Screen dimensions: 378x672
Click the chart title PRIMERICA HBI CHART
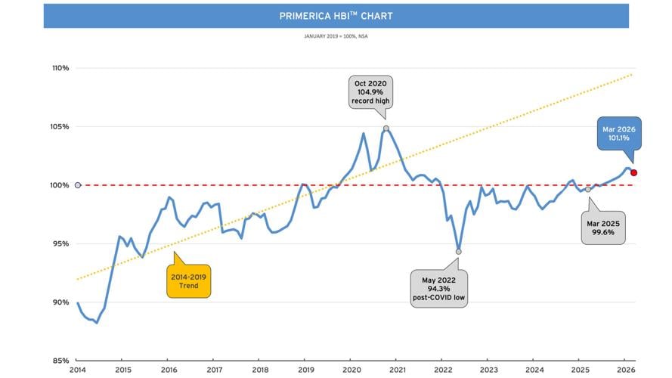336,16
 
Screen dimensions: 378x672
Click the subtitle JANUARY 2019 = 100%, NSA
336,36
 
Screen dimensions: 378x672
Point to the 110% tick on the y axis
60,68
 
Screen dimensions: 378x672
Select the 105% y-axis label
60,126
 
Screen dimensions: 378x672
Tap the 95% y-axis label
60,243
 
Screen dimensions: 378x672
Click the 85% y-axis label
60,361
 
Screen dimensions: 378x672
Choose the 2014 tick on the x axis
78,370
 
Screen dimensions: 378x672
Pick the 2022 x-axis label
443,370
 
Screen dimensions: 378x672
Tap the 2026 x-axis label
626,370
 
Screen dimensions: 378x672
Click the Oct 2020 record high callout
371,91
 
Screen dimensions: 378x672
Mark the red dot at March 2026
633,172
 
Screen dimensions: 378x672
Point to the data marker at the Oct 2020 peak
386,129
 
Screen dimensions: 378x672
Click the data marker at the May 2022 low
459,252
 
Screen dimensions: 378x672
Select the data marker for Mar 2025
588,189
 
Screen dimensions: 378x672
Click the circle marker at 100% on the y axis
78,185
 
